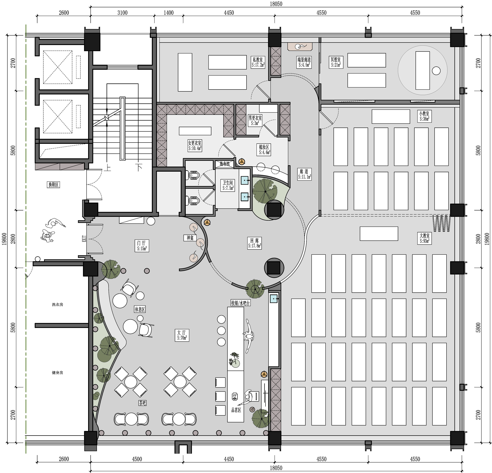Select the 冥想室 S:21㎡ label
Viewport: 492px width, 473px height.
coord(336,62)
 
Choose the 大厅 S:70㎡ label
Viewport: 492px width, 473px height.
coord(182,335)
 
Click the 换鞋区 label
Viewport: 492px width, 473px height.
coord(53,185)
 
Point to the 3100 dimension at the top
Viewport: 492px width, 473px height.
coord(123,13)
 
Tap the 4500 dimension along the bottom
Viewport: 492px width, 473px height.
coord(137,459)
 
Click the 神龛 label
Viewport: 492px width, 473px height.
coord(190,238)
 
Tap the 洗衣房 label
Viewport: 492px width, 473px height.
coord(57,304)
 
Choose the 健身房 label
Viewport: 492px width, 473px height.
coord(57,372)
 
